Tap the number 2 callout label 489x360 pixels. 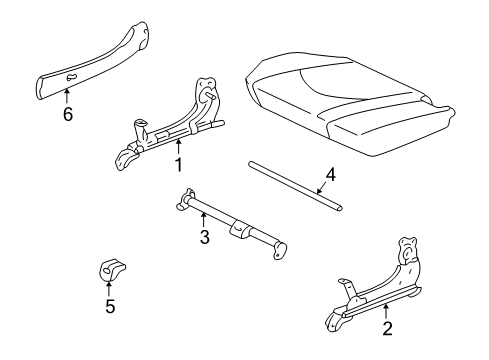[386, 327]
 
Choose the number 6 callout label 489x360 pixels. [67, 115]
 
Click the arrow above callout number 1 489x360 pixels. [177, 147]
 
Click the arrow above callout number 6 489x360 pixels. [67, 97]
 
